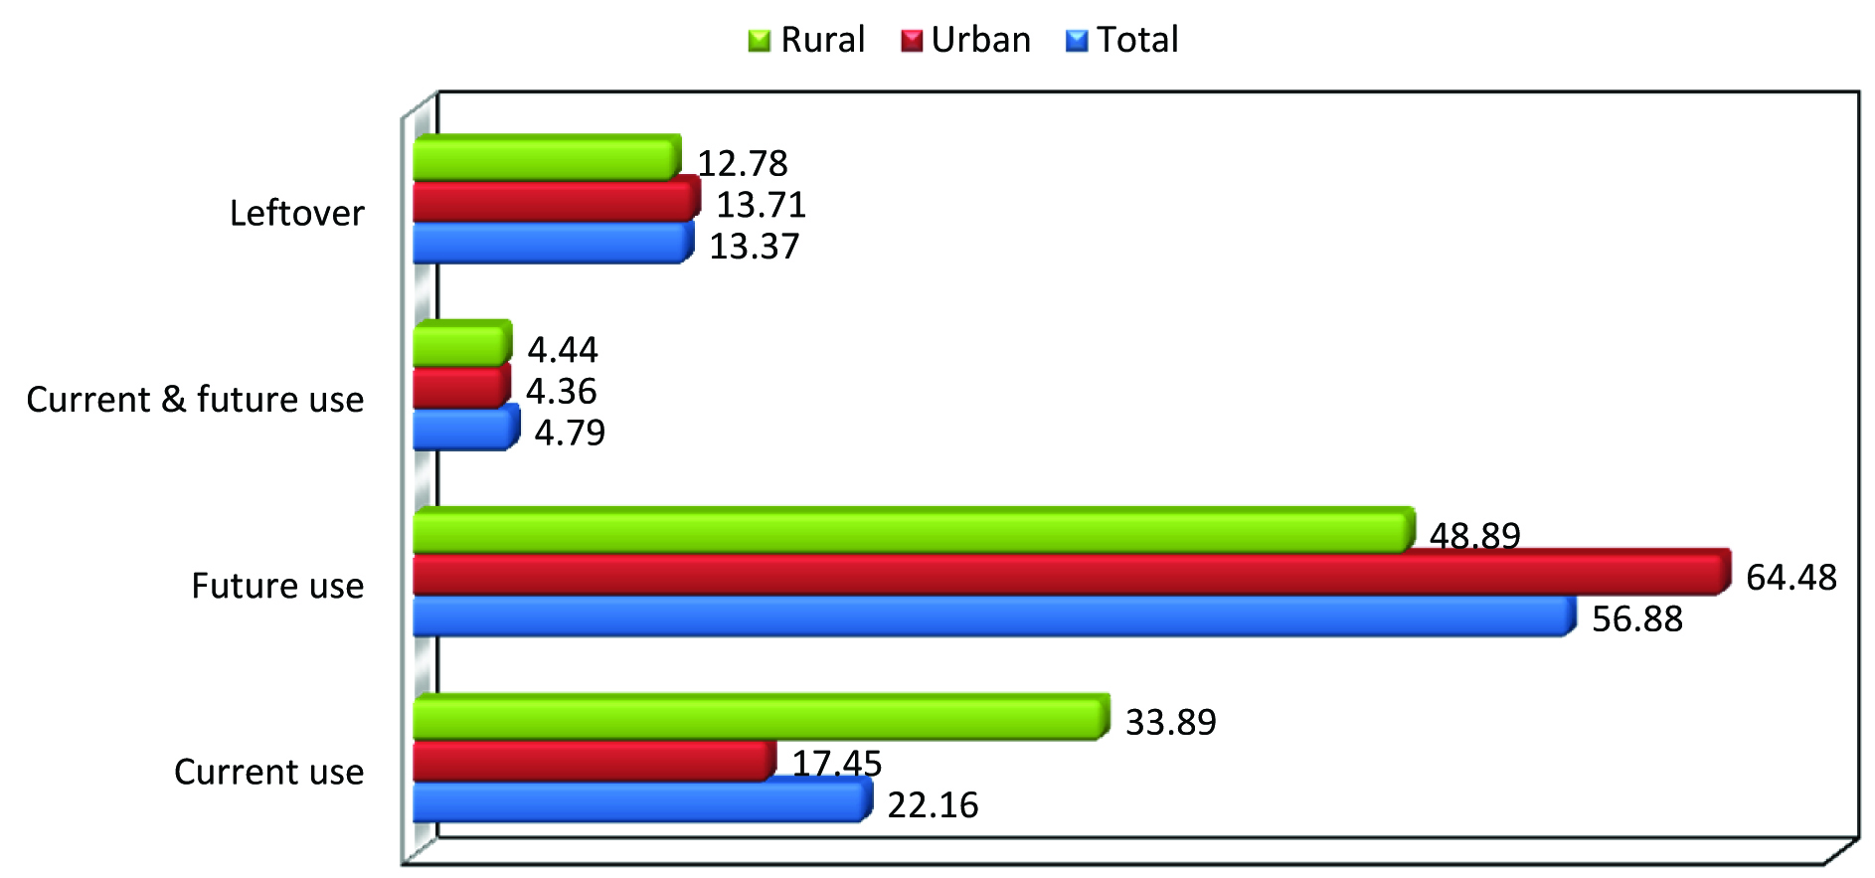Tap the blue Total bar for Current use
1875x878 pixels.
point(640,802)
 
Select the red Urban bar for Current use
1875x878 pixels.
point(593,761)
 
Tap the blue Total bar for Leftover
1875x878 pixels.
point(551,244)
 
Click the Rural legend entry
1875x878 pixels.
point(807,40)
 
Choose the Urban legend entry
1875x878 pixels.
point(966,40)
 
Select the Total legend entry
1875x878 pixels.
point(1122,40)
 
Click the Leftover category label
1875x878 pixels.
point(296,214)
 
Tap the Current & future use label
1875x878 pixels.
point(195,400)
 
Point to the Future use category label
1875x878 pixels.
point(277,587)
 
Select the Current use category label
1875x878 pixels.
point(268,773)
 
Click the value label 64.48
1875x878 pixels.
point(1790,578)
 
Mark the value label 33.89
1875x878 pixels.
point(1170,722)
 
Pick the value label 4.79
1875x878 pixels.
point(570,434)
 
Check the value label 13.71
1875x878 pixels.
point(761,205)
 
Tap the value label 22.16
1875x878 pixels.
point(933,805)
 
